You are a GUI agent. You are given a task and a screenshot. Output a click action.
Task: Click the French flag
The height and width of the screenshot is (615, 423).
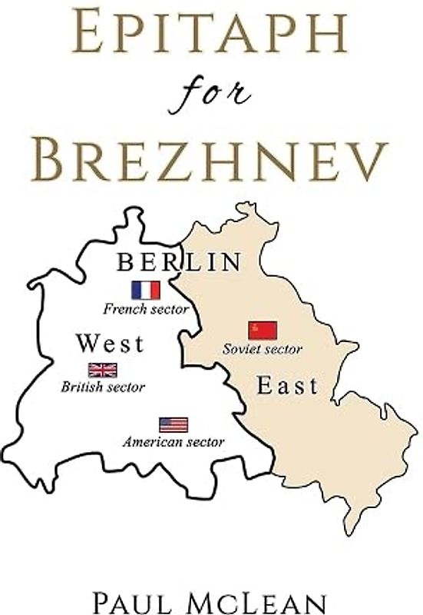tap(145, 290)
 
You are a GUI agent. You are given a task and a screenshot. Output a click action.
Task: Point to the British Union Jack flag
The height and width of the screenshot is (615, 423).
tap(102, 370)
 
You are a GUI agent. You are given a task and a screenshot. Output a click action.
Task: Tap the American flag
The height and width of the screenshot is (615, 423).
tap(173, 424)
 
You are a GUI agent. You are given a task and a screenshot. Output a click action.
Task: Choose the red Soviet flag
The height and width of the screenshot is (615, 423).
tap(262, 331)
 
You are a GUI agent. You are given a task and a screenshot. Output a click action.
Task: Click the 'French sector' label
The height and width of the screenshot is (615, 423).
tap(146, 308)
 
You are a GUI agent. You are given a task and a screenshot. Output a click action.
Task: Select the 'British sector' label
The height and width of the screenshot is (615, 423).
tap(103, 387)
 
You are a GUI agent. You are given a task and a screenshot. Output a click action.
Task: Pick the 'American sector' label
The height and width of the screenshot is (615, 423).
tap(173, 442)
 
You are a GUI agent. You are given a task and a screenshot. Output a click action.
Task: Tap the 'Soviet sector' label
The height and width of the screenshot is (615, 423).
tap(263, 349)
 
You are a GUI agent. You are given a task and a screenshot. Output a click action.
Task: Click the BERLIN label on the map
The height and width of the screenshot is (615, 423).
tap(179, 263)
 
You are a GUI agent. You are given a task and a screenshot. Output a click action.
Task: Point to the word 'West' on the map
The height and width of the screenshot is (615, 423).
tap(110, 344)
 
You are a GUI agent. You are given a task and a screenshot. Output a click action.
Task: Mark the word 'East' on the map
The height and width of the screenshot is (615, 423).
tap(287, 386)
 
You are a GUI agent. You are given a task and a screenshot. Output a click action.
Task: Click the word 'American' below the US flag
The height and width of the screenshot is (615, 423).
tap(154, 442)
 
